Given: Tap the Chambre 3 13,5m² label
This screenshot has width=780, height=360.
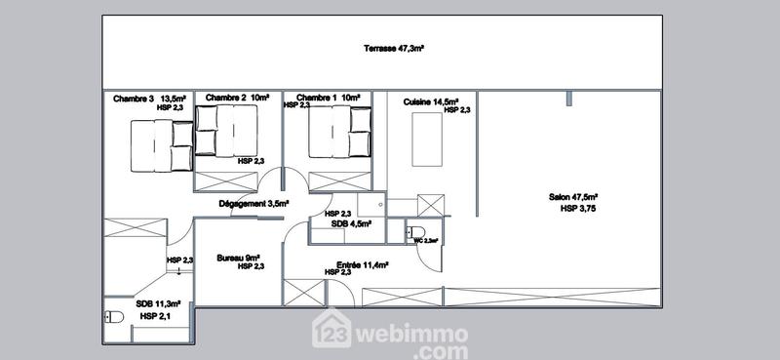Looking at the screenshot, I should (150, 98).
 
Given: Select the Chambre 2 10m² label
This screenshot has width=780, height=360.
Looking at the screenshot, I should (236, 98).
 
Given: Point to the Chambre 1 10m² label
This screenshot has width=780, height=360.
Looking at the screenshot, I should (329, 98).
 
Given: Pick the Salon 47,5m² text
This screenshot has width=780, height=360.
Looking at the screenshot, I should (572, 197).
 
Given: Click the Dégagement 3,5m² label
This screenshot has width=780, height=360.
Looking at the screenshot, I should (253, 204).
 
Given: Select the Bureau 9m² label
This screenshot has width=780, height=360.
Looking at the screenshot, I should (238, 258).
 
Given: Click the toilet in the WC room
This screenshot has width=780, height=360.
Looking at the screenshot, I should (409, 234).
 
